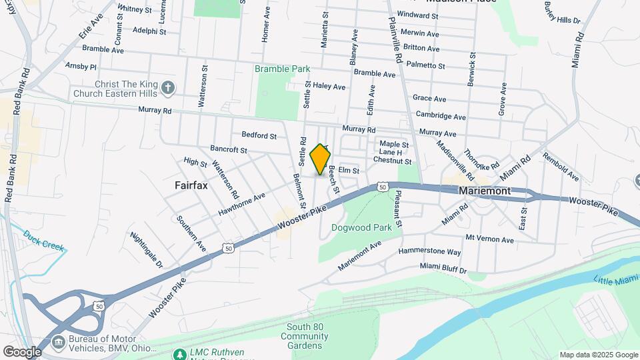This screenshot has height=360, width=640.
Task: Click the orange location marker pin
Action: (x=321, y=159)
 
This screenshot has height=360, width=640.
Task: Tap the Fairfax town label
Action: (x=191, y=185)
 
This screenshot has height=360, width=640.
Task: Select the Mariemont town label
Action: (x=485, y=191)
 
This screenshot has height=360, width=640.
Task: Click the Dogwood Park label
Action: (x=361, y=227)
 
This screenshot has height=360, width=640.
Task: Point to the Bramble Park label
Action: (x=282, y=69)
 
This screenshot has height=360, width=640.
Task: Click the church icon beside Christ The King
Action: (x=169, y=87)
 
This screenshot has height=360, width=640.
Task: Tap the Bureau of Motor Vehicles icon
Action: (x=58, y=342)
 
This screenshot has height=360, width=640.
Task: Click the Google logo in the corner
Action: (x=23, y=351)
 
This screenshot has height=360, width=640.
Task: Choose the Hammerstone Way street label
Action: (x=429, y=252)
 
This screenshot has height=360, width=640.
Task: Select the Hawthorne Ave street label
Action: (x=241, y=204)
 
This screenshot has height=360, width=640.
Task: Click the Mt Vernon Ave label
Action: (x=490, y=239)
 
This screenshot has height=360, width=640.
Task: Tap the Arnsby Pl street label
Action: (x=81, y=67)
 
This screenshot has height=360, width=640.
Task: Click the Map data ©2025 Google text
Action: (x=598, y=355)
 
